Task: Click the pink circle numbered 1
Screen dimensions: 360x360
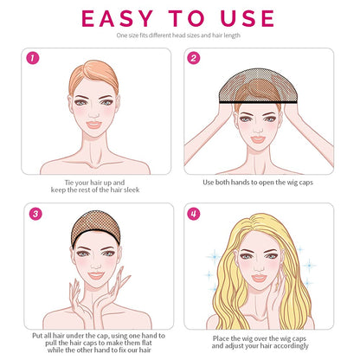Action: coord(33,58)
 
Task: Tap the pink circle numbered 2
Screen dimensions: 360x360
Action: coord(193,58)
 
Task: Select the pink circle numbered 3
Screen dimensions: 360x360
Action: coord(35,214)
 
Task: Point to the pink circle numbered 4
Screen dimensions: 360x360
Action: coord(193,214)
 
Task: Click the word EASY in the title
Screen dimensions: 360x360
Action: coord(117,18)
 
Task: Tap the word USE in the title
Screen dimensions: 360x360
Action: coord(247,18)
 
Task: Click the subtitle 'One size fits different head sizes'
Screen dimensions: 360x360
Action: coord(157,35)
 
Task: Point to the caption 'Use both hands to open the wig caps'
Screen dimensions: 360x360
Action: coord(258,183)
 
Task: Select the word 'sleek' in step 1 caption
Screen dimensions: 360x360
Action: coord(132,190)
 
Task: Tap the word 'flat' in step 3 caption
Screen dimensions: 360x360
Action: coord(146,343)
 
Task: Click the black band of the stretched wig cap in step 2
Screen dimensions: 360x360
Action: coord(258,101)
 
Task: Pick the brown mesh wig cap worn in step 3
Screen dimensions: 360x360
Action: coord(95,228)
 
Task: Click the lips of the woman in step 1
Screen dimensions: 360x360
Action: coord(93,125)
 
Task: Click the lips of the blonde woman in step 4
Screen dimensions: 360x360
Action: coord(259,279)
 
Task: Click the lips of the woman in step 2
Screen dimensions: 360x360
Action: coord(258,139)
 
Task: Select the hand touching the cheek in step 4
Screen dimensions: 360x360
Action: coord(275,300)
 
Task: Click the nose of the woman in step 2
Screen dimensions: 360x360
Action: coord(258,127)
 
